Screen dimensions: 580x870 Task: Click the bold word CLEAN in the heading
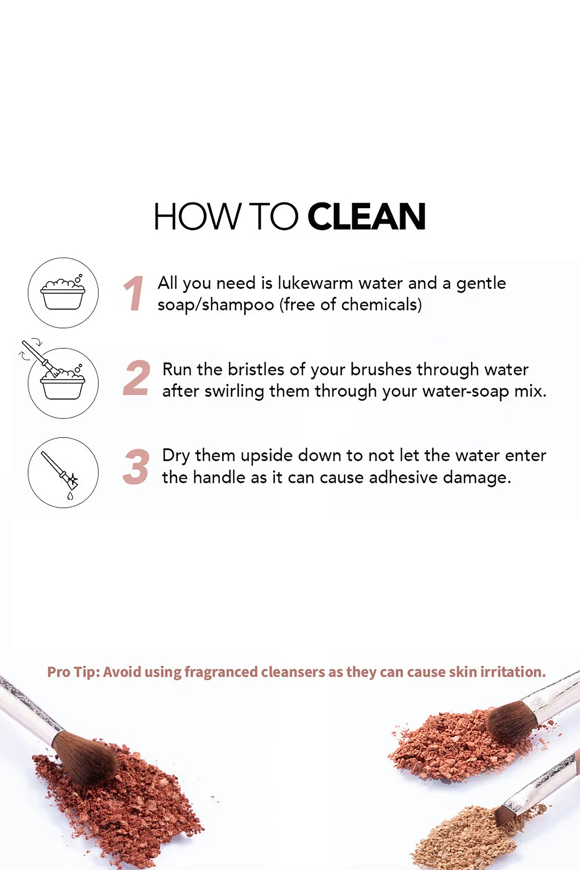click(x=366, y=216)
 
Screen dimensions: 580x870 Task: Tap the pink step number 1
click(x=134, y=293)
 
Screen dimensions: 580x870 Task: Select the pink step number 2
click(x=136, y=377)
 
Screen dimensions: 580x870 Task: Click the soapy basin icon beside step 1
click(x=63, y=293)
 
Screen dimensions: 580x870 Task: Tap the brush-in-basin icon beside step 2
click(x=59, y=379)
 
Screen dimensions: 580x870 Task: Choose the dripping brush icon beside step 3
click(x=63, y=472)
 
